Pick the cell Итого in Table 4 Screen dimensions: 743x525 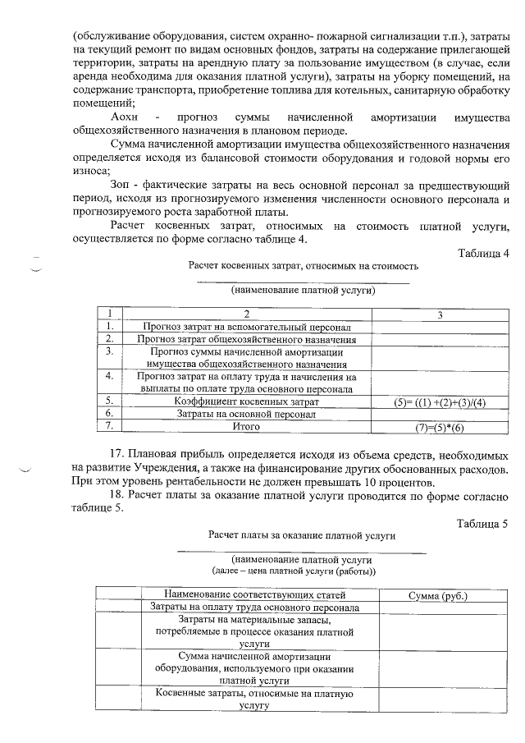pyautogui.click(x=246, y=428)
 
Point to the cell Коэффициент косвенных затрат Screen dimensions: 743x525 pyautogui.click(x=246, y=401)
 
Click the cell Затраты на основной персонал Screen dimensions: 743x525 pyautogui.click(x=246, y=415)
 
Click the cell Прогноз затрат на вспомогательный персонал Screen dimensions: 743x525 pyautogui.click(x=246, y=327)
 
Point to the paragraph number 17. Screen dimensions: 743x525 pyautogui.click(x=117, y=454)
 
